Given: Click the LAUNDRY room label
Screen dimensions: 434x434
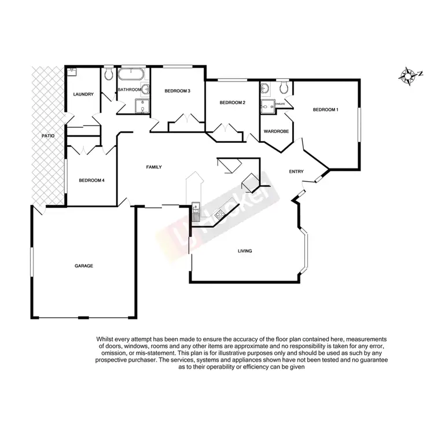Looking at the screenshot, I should point(83,94).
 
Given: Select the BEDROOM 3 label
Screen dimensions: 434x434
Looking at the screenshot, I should point(177,91).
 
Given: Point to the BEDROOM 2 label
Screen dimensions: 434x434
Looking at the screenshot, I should point(233,103).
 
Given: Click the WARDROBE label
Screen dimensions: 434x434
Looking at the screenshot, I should point(276,131).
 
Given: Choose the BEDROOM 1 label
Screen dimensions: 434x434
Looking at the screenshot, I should point(326,110).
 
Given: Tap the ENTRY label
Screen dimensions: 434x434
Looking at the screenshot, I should point(296,171).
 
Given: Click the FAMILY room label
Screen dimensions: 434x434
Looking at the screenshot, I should point(153,167).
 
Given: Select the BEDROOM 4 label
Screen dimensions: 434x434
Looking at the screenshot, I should point(91,180).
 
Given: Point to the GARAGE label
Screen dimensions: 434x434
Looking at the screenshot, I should point(84,266).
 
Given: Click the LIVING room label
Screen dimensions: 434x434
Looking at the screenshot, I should point(245,251).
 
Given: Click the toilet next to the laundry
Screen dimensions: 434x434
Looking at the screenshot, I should point(109,73).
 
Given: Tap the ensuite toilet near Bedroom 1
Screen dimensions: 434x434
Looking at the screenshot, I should point(283,87).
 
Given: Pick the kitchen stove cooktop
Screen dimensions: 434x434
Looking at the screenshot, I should point(220,214).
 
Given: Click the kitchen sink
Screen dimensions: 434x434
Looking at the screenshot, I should point(196,212).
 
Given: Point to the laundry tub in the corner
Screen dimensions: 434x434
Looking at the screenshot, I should point(71,72).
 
